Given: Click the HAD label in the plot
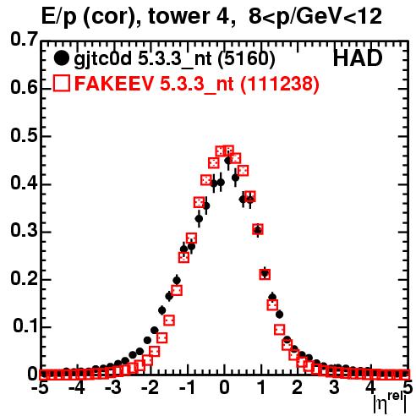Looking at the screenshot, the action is (x=358, y=58).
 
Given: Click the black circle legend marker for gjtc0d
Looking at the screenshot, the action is (x=61, y=58).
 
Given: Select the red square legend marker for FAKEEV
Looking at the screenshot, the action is (x=62, y=83).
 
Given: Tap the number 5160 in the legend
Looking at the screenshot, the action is (x=247, y=58).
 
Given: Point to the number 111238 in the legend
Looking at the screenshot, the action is (x=280, y=84).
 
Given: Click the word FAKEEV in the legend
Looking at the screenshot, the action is (x=114, y=84).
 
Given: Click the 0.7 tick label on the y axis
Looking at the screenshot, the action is (x=24, y=39).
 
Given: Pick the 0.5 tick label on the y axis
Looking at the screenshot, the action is (x=24, y=135).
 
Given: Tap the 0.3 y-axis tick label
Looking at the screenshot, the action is (x=24, y=231).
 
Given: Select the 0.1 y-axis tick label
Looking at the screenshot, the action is (x=25, y=326).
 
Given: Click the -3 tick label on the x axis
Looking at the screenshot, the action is (x=113, y=387).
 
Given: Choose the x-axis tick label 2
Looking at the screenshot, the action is (x=297, y=387).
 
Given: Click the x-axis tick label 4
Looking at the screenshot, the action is (x=370, y=387).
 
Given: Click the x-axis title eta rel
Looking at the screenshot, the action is (x=390, y=403).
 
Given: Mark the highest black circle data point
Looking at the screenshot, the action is (x=228, y=161).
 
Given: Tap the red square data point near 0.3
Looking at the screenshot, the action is (x=258, y=229).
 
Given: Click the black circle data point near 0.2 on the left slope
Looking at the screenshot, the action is (x=177, y=281).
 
